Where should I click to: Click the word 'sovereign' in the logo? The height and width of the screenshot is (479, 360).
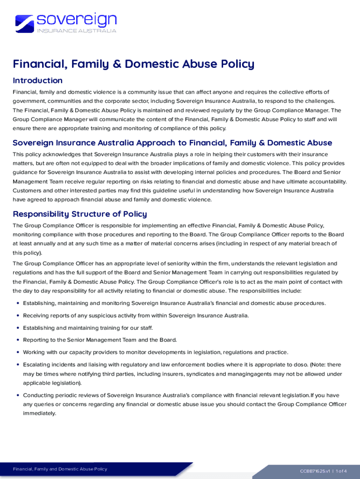(77, 19)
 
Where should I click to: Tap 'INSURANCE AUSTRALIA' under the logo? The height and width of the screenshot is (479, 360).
(77, 31)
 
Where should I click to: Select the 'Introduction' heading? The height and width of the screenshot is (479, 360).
(37, 80)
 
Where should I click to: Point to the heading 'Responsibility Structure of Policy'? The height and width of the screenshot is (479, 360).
(79, 214)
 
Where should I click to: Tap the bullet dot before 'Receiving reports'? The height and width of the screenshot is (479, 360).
(18, 316)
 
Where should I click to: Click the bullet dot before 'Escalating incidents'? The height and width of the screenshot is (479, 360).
(18, 364)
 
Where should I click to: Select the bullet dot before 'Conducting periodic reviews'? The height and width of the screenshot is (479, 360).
(18, 395)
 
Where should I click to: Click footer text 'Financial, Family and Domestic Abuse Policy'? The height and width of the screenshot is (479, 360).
(60, 469)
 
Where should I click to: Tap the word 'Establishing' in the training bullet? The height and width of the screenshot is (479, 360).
(39, 328)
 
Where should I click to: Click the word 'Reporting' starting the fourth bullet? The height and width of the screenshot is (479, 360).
(36, 340)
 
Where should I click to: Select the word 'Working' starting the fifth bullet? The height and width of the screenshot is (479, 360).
(34, 352)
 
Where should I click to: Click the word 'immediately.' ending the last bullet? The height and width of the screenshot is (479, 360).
(39, 414)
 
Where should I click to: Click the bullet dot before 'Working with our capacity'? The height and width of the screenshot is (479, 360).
(18, 352)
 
